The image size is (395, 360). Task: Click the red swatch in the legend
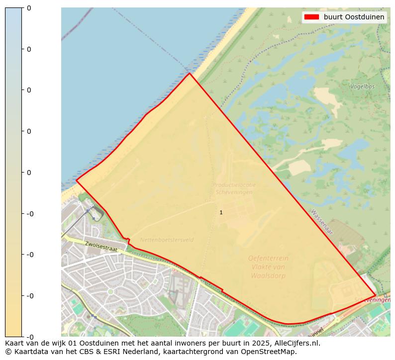[x=311, y=17]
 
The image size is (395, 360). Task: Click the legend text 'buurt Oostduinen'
[x=354, y=17]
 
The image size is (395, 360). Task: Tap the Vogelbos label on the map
[x=362, y=86]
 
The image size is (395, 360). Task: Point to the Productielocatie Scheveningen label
[x=234, y=188]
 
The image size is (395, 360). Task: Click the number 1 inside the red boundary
[x=221, y=212]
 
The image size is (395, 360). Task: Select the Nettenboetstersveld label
[x=167, y=240]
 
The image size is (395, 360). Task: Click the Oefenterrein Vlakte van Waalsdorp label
[x=268, y=267]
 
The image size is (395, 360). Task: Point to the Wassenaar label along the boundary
[x=322, y=222]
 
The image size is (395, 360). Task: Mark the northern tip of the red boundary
[x=189, y=74]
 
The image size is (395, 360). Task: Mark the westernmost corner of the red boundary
[x=76, y=180]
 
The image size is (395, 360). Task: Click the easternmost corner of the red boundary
[x=376, y=295]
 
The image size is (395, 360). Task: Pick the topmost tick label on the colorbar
[x=29, y=8]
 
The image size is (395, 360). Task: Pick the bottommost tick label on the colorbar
[x=29, y=337]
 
